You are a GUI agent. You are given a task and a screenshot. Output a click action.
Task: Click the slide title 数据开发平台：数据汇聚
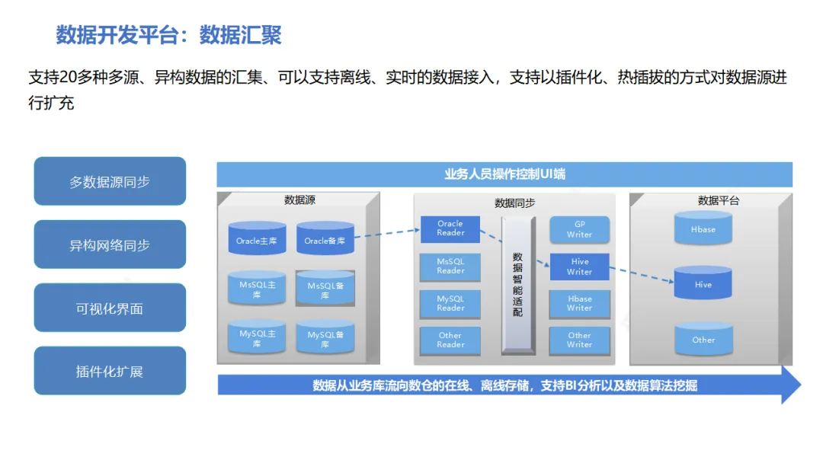click(x=168, y=35)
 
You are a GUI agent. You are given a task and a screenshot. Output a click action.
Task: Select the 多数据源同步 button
click(x=110, y=182)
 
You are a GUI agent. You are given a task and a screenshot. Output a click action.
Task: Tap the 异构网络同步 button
click(x=110, y=245)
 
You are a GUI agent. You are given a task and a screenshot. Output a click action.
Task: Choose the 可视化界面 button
click(x=110, y=308)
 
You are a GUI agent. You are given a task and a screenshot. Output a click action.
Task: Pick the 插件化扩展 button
click(x=110, y=372)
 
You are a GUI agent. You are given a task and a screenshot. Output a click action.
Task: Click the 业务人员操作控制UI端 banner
click(x=504, y=174)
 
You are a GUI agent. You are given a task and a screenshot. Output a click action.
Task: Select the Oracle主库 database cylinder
click(x=257, y=240)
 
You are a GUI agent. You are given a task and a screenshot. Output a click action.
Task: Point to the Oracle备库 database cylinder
click(x=325, y=240)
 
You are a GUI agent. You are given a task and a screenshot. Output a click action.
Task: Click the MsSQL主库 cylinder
click(x=257, y=289)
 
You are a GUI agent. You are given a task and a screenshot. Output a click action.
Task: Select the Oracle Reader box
click(x=450, y=228)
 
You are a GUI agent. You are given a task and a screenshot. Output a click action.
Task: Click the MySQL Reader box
click(x=450, y=303)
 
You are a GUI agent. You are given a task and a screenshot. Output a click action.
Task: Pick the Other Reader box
click(x=450, y=340)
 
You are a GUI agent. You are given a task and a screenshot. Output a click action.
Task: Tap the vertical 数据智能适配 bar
click(x=517, y=285)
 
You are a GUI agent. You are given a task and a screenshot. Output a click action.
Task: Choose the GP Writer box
click(x=579, y=229)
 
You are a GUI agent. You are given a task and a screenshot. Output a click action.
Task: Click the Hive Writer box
click(x=579, y=267)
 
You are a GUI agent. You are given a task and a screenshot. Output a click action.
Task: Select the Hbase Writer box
click(x=579, y=303)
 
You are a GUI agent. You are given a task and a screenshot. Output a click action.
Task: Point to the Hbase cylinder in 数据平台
click(x=703, y=229)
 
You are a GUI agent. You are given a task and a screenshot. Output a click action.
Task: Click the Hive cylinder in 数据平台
click(x=703, y=284)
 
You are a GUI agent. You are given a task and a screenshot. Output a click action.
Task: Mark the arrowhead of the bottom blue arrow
click(x=790, y=385)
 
